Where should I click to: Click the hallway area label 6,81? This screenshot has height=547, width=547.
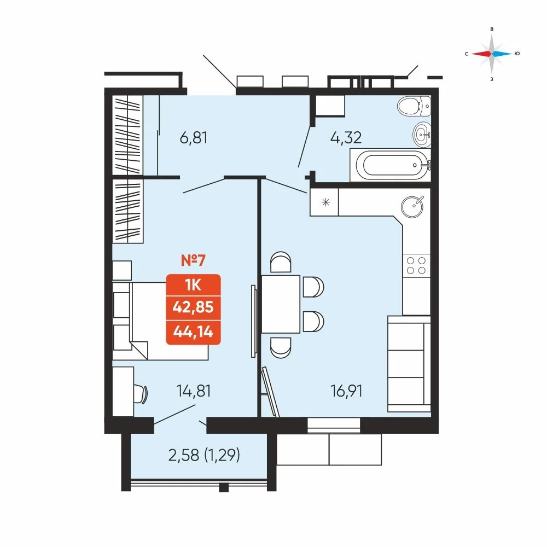point(194,138)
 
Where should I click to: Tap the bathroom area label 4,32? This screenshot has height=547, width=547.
point(346,138)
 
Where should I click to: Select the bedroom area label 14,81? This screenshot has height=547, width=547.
point(194,391)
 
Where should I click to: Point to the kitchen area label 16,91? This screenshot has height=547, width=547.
point(346,391)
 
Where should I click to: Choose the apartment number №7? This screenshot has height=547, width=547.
point(193,260)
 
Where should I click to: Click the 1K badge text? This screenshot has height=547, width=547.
point(193,285)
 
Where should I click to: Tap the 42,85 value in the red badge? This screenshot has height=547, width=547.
point(193,307)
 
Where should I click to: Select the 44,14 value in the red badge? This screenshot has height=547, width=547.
point(193,331)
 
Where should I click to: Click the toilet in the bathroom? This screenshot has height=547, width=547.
point(414,106)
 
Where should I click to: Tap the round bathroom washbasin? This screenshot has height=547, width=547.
point(422,134)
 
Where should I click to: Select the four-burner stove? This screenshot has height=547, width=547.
point(416,265)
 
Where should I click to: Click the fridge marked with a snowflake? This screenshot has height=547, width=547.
point(324,202)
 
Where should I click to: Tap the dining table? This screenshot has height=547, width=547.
point(281,304)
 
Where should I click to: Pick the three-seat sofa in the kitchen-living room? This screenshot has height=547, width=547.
point(409,364)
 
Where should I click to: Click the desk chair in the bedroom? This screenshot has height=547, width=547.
point(141,394)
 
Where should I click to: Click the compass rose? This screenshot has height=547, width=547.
point(492,54)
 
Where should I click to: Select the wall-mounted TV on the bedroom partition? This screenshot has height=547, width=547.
point(253,321)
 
